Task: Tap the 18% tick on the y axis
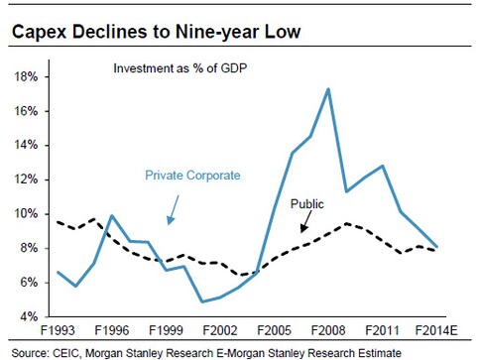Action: click(26, 76)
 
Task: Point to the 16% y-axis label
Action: click(26, 111)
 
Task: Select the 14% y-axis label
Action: click(26, 146)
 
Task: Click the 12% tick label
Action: click(26, 180)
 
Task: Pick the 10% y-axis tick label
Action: click(26, 214)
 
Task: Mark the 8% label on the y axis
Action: click(29, 249)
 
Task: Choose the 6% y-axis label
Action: click(29, 283)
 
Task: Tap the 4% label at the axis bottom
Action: click(29, 317)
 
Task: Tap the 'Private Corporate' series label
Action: click(191, 175)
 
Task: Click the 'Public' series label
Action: click(307, 204)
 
